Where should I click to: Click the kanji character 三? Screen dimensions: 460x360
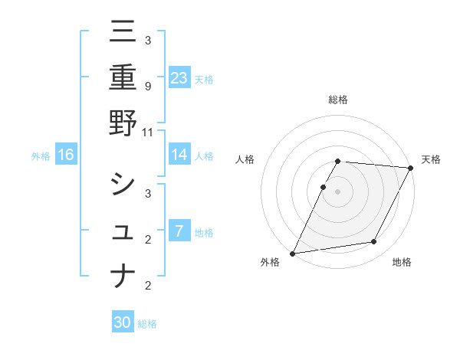pos(123,31)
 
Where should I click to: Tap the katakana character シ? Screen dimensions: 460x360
pos(123,184)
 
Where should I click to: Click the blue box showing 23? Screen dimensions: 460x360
pos(179,77)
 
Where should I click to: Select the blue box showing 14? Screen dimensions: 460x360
pos(179,155)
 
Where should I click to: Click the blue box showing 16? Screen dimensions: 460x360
pos(66,155)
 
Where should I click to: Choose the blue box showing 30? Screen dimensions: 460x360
pos(123,322)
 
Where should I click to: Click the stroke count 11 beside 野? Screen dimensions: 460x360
pos(148,132)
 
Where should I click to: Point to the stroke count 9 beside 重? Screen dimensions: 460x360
pos(148,87)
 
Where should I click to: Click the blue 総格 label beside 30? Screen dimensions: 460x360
pos(147,324)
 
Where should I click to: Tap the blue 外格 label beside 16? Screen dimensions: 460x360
pos(41,156)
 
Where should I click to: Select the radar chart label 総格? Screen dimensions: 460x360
pos(338,100)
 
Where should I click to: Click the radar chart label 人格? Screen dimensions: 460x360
pos(245,159)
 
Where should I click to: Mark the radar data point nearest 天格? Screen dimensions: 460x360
pos(412,168)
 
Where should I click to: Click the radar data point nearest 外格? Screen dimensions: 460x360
pos(292,253)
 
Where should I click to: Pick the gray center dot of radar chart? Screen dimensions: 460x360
pos(338,191)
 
